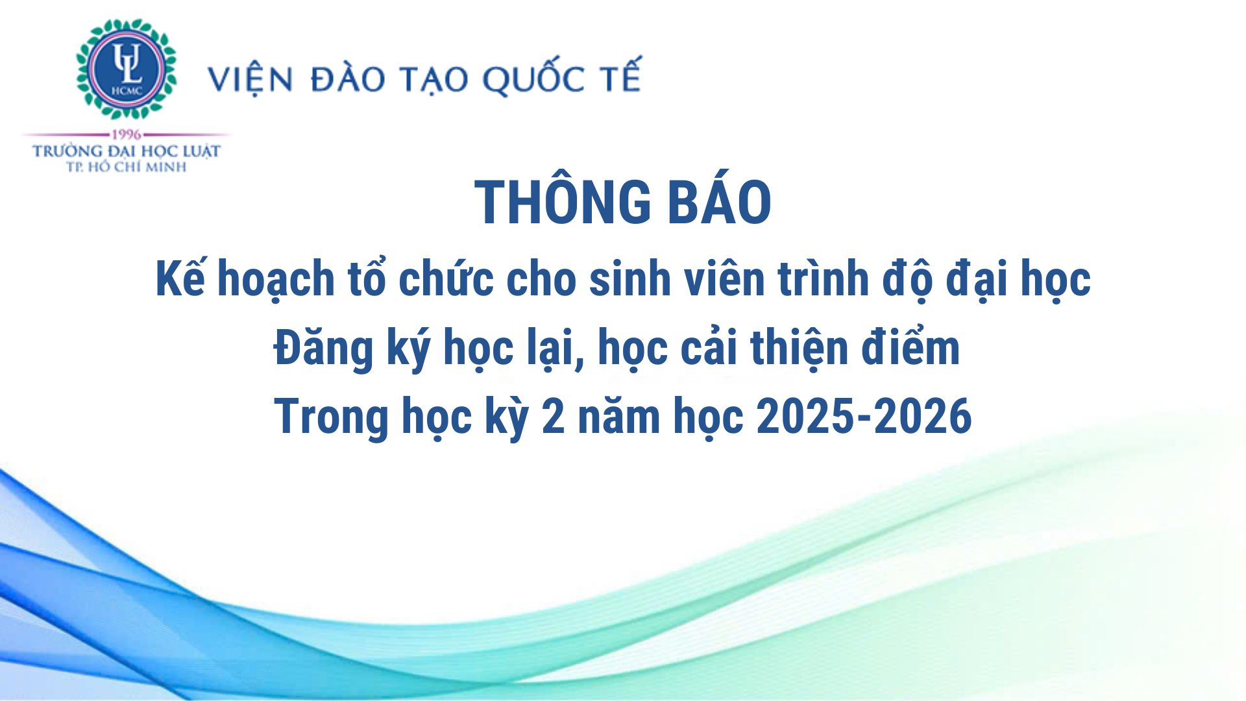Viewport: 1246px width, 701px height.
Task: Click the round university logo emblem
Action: point(127,69)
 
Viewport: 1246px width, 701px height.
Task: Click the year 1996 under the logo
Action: point(127,135)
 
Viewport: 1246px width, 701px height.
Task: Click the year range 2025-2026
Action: point(864,416)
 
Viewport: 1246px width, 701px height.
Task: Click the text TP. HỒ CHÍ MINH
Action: point(127,167)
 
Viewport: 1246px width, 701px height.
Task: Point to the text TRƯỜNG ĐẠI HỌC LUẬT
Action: point(127,151)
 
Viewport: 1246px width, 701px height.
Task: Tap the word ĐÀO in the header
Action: point(348,78)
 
